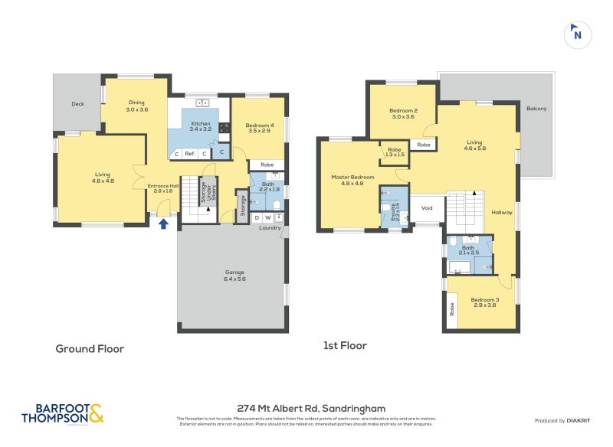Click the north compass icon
click(577, 34)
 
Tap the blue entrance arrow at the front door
click(162, 223)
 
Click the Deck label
click(77, 104)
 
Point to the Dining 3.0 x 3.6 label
click(136, 106)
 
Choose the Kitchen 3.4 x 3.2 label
click(200, 126)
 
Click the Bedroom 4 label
click(260, 128)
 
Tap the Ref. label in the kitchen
click(190, 154)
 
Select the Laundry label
click(269, 227)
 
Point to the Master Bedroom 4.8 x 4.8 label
click(352, 180)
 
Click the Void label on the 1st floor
click(427, 207)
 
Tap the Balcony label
click(536, 109)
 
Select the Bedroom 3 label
click(484, 302)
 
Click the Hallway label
click(501, 213)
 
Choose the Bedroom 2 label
click(403, 113)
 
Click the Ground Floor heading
click(90, 348)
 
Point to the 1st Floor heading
click(346, 346)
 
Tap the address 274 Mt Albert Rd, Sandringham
click(310, 408)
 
